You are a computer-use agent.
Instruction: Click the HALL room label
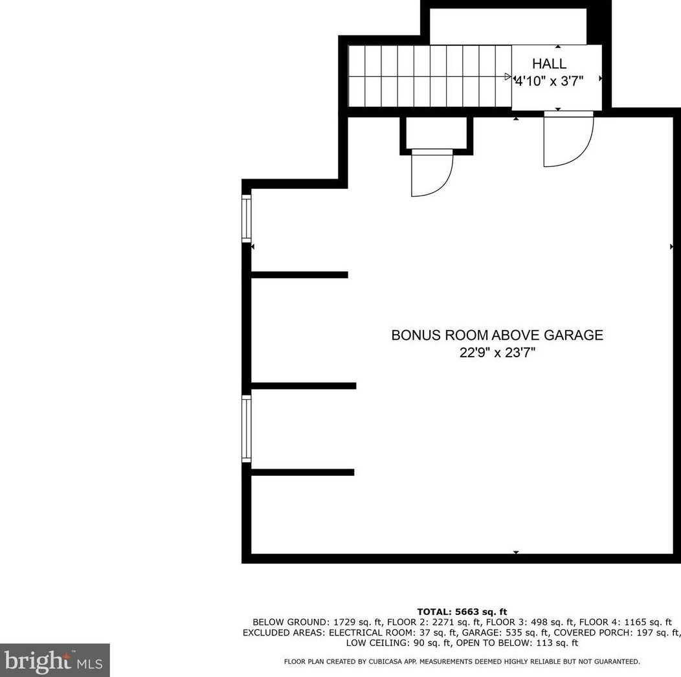click(x=549, y=64)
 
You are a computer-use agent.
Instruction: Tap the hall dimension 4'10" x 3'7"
click(x=549, y=82)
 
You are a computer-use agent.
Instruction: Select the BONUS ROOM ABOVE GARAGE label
click(x=497, y=335)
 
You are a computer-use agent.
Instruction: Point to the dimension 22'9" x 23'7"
click(x=497, y=353)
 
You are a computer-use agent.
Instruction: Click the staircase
click(x=427, y=76)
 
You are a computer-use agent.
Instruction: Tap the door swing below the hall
click(x=568, y=139)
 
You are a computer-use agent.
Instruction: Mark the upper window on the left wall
click(x=246, y=217)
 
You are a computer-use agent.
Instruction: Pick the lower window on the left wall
click(x=246, y=428)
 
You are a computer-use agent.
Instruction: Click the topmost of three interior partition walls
click(x=299, y=275)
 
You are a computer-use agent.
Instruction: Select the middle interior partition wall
click(x=303, y=386)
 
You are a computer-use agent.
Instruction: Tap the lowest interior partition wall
click(x=302, y=472)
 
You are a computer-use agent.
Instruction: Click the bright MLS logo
click(x=54, y=660)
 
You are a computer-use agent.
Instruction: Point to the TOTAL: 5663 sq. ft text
click(x=462, y=612)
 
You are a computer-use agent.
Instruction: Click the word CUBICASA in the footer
click(x=388, y=661)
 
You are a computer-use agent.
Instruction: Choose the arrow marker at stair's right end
click(x=508, y=76)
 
